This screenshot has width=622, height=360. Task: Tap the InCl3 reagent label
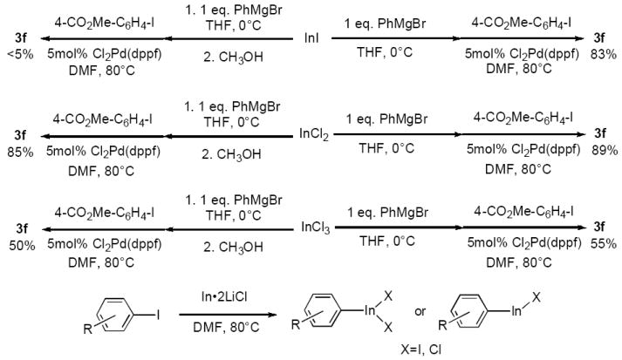[x=313, y=227]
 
